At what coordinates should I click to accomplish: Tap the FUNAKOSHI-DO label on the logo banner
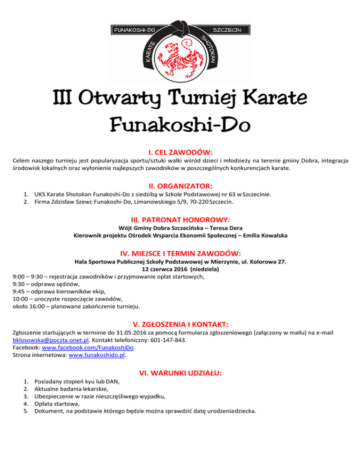pos(133,30)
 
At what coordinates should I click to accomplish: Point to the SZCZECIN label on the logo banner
pos(227,30)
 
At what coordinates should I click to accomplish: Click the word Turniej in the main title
pos(206,99)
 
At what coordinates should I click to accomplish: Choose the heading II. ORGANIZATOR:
pos(180,186)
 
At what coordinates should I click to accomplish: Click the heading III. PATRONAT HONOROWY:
pos(180,219)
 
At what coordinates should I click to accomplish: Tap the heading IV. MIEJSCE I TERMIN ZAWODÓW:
pos(180,253)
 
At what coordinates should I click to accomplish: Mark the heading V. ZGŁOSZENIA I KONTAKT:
pos(180,323)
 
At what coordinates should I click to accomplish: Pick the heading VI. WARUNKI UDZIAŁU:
pos(180,373)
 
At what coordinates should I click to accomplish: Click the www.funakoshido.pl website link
pos(97,355)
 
